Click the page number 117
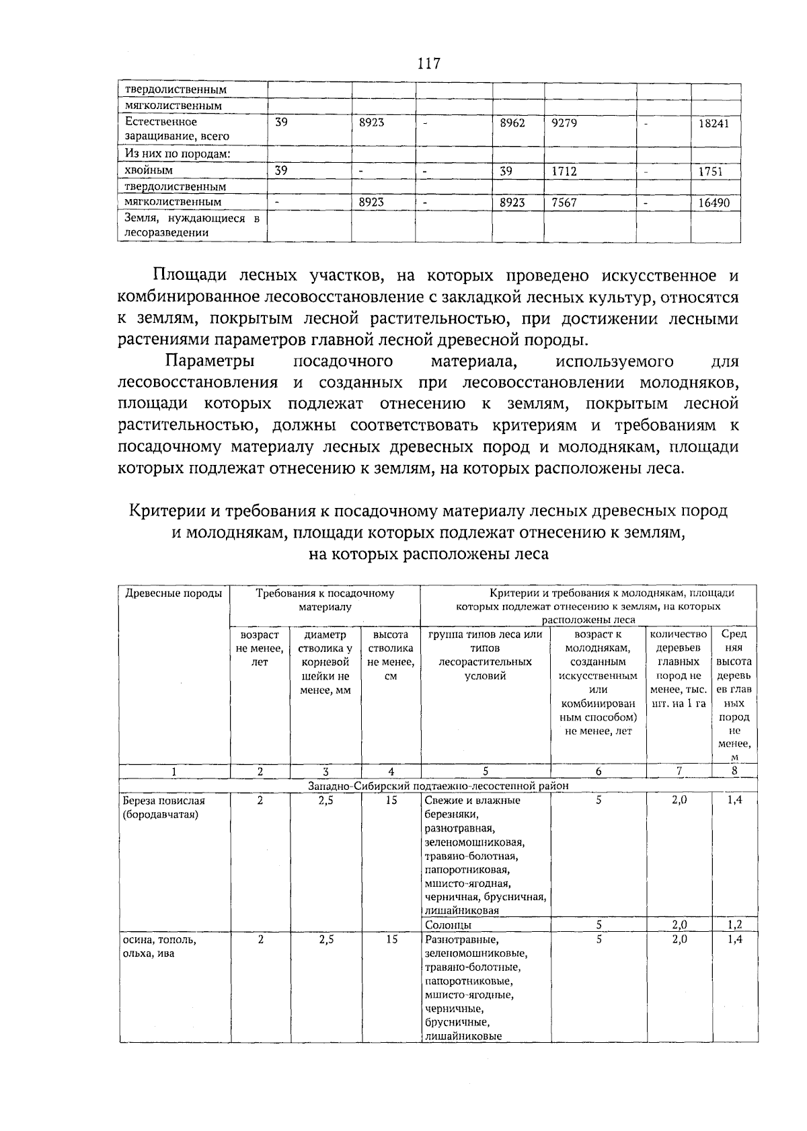(428, 64)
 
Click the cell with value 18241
(716, 124)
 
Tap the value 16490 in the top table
(716, 203)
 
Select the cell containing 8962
(512, 123)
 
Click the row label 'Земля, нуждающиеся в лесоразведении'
(192, 225)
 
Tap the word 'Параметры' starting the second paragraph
(210, 361)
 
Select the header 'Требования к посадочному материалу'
(325, 600)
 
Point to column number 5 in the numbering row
(486, 772)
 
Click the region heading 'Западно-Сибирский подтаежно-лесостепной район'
(438, 785)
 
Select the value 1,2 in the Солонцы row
(734, 925)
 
